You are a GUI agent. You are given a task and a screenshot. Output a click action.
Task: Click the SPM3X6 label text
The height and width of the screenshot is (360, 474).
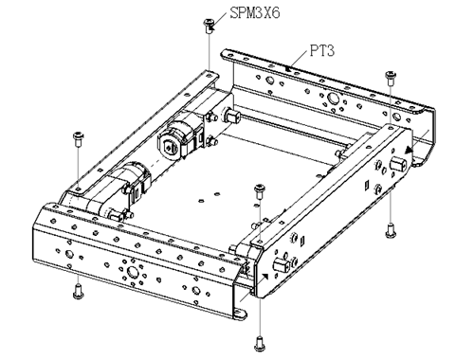pos(255,13)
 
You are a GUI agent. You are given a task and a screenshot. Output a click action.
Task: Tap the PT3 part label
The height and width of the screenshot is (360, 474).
pos(321,50)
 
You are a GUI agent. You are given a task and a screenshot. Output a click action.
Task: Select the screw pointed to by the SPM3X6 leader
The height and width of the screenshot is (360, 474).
pos(209,26)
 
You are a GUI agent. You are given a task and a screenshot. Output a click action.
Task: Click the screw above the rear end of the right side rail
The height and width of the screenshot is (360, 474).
pos(391,79)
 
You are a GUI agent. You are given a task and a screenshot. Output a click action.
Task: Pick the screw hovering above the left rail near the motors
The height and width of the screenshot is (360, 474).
pos(78,139)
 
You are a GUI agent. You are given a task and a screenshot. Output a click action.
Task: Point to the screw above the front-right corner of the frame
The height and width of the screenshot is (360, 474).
pos(260,191)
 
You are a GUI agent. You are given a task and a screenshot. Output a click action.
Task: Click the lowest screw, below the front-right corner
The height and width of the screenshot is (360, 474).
pos(260,344)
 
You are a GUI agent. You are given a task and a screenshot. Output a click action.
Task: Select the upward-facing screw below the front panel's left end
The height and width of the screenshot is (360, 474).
pos(78,292)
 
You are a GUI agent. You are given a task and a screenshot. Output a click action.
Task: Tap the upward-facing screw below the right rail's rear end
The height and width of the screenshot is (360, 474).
pos(391,230)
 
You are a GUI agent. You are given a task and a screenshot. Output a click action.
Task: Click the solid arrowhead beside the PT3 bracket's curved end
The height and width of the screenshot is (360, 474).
pos(410,150)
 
